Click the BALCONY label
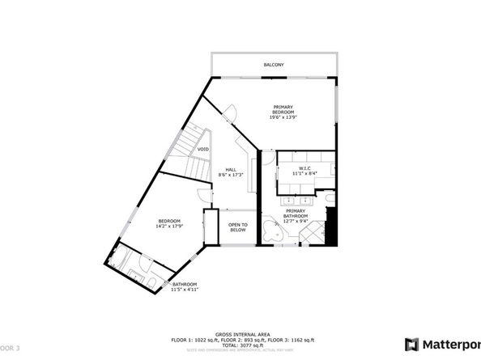pyautogui.click(x=272, y=64)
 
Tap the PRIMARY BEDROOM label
pyautogui.click(x=283, y=111)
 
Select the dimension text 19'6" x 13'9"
pyautogui.click(x=283, y=119)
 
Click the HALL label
pyautogui.click(x=232, y=169)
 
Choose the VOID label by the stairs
pyautogui.click(x=203, y=149)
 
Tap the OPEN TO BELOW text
pyautogui.click(x=237, y=227)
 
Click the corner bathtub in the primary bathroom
pyautogui.click(x=271, y=233)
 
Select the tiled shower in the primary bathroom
pyautogui.click(x=309, y=234)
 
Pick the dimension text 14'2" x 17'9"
pyautogui.click(x=168, y=226)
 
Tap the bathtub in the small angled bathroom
pyautogui.click(x=119, y=261)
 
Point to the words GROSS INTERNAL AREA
pyautogui.click(x=240, y=333)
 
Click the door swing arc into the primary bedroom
pyautogui.click(x=232, y=114)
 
